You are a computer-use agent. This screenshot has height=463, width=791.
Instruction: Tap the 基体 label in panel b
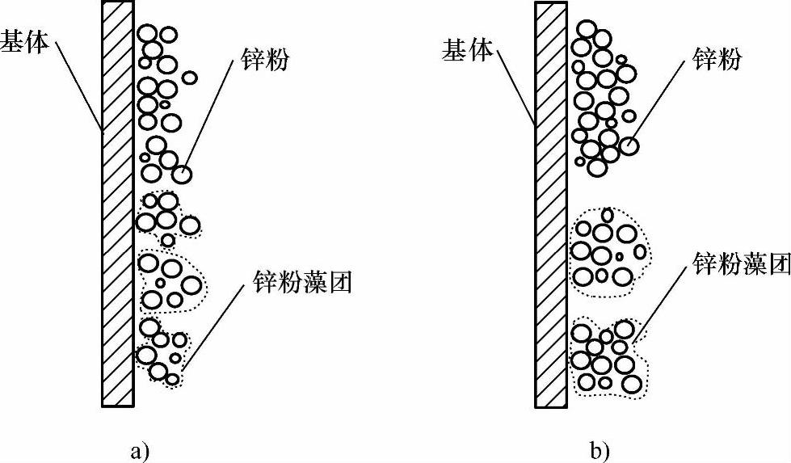tap(467, 51)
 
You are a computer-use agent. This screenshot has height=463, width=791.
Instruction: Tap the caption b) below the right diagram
tap(600, 449)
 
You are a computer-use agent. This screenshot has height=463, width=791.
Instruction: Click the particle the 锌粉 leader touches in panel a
tap(182, 173)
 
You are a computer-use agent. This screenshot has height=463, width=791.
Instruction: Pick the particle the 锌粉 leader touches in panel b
tap(629, 146)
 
